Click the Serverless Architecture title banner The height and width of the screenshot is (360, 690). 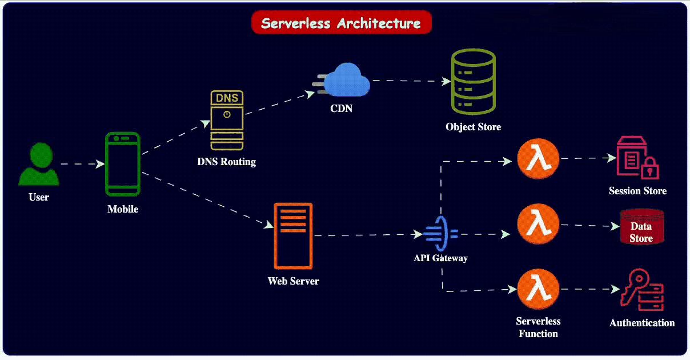341,23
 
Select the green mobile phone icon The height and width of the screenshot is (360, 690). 122,165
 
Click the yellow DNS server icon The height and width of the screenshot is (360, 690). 227,120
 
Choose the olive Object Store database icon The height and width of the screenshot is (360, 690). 473,81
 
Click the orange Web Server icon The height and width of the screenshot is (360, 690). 293,235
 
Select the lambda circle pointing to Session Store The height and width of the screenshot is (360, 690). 537,161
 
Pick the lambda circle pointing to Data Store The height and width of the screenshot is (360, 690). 537,225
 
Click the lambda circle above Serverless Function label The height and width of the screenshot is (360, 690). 537,289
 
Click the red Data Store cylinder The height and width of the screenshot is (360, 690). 641,227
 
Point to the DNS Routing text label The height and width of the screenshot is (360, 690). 227,162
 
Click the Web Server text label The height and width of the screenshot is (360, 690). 293,281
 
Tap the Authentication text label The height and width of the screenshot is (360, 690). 641,323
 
